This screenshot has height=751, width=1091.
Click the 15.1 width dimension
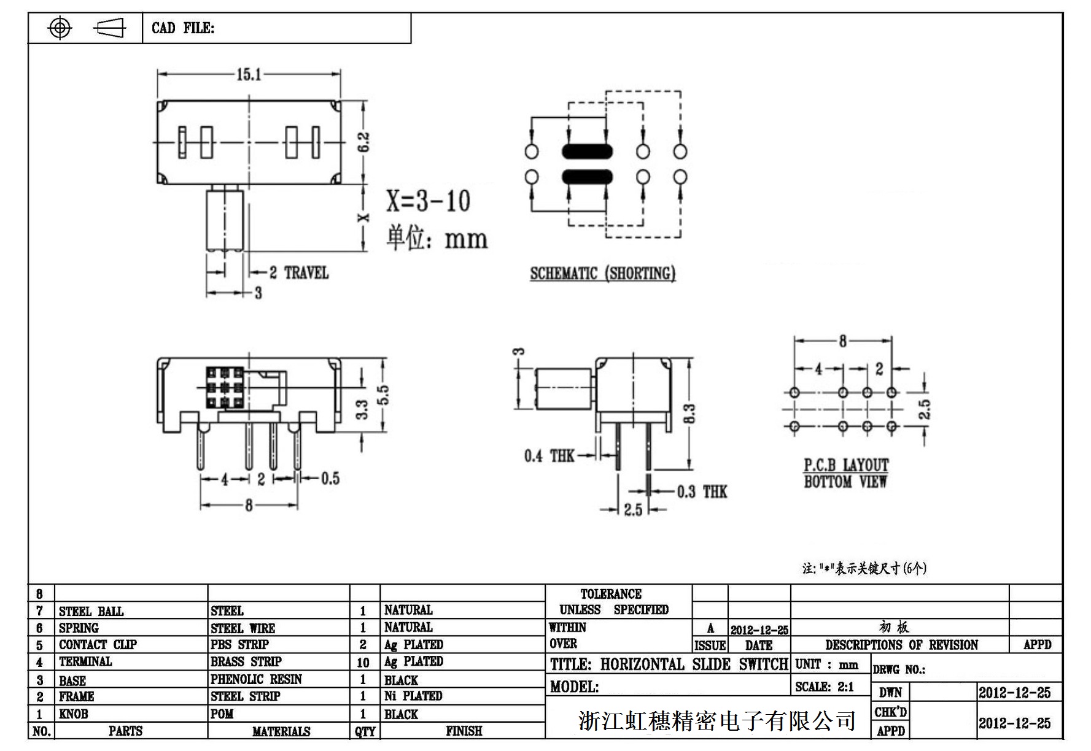(249, 75)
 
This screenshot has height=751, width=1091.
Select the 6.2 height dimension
(363, 142)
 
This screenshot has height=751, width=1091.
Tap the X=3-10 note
(428, 201)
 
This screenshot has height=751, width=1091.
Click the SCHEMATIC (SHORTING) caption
(602, 274)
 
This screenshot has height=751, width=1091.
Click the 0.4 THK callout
(549, 456)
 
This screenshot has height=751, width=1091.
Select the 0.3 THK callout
(702, 491)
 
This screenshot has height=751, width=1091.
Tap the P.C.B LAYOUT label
(846, 465)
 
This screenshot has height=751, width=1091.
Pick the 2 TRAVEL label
(299, 272)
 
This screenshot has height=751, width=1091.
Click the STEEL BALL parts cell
(91, 611)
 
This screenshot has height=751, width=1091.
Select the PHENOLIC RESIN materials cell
(256, 679)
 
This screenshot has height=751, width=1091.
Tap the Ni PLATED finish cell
(413, 696)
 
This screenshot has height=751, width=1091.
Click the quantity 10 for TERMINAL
(363, 663)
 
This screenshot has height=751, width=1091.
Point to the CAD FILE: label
(183, 28)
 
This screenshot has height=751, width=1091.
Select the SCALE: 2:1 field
(824, 687)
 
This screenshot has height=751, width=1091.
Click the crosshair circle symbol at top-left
(60, 28)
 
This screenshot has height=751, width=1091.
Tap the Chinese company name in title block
(716, 720)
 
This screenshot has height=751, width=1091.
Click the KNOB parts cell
(73, 714)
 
